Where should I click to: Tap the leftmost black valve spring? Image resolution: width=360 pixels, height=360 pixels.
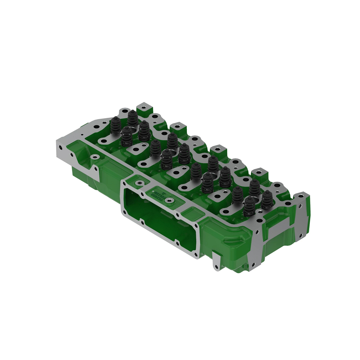[116, 126]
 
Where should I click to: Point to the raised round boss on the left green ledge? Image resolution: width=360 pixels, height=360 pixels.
[95, 157]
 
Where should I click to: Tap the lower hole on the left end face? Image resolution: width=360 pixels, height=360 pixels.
[71, 155]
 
